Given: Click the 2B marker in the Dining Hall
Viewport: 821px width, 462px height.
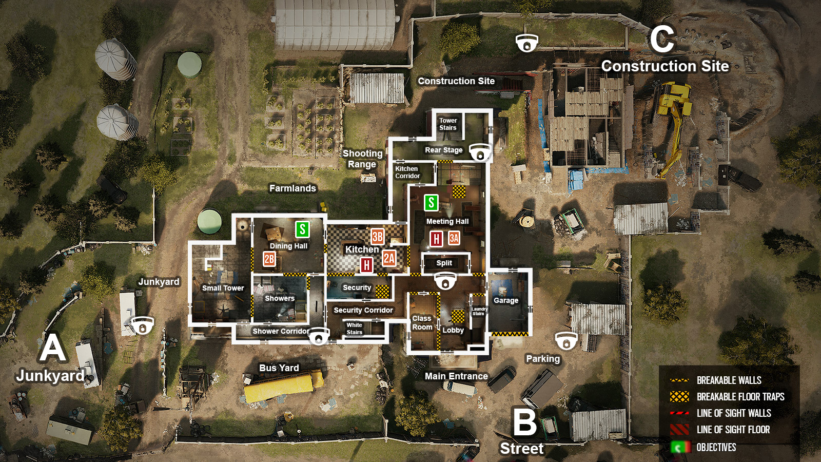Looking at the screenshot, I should [269, 259].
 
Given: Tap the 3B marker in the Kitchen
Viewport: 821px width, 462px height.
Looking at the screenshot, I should [378, 237].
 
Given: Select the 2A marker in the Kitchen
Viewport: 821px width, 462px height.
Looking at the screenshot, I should [389, 258].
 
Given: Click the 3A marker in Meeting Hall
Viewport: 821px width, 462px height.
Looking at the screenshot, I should [454, 238].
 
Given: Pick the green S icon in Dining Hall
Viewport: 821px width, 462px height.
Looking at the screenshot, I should [302, 229].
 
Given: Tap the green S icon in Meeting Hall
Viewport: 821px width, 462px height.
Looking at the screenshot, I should [431, 203].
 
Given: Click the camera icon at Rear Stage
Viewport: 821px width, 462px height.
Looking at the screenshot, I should [480, 152].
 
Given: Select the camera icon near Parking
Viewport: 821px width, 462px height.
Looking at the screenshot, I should [566, 340].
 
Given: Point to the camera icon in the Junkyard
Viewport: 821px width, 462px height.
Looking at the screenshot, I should [142, 325].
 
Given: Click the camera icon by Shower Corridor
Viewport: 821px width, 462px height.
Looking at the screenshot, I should [319, 336].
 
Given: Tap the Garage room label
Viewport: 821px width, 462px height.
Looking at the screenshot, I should [506, 300].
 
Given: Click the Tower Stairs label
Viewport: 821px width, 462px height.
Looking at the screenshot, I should [448, 124].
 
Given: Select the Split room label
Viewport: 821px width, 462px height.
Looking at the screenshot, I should [444, 263].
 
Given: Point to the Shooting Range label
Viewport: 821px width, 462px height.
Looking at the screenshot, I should [362, 159].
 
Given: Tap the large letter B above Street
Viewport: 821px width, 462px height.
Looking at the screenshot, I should [525, 422].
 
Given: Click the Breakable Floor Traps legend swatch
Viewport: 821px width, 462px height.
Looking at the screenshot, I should [679, 397].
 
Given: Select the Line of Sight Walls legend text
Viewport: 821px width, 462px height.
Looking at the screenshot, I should [734, 413].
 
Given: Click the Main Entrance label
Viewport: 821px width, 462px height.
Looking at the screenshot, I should [456, 376].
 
